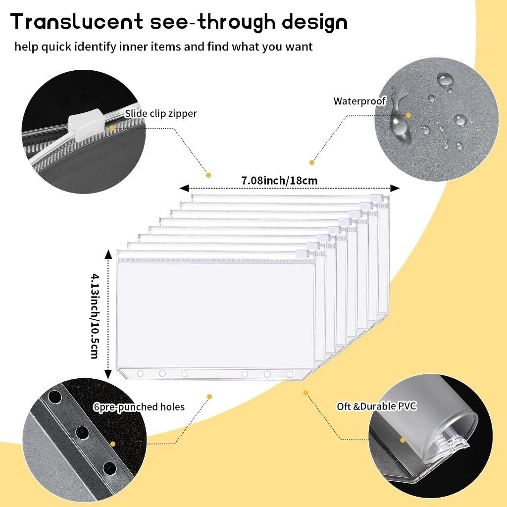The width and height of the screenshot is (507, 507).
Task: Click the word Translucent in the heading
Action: (77, 22)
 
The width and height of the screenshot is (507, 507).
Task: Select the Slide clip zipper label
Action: (160, 113)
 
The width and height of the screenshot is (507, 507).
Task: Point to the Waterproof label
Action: (359, 101)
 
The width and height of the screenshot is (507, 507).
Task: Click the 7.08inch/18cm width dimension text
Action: (279, 181)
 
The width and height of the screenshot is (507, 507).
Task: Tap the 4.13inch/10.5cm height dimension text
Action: (94, 315)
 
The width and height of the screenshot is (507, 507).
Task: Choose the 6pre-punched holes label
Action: (139, 407)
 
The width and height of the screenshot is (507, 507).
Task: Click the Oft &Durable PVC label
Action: (377, 406)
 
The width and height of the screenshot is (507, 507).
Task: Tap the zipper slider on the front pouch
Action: (301, 254)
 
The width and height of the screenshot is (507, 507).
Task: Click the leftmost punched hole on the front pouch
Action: (140, 373)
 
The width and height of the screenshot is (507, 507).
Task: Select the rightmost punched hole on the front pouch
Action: (290, 374)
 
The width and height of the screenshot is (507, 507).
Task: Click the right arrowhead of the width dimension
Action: (395, 188)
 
